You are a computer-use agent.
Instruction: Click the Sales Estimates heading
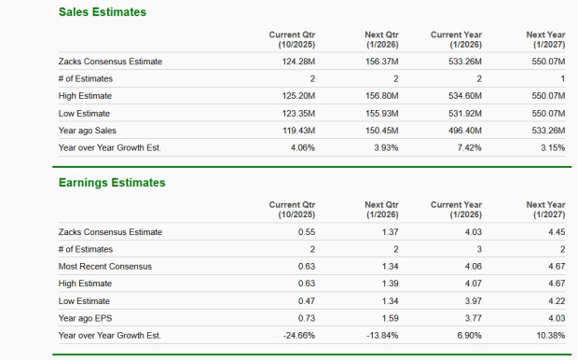point(102,11)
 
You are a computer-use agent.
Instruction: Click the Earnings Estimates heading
point(111,182)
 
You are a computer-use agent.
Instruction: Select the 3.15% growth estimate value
point(553,146)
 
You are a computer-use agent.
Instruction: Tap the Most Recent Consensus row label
point(104,266)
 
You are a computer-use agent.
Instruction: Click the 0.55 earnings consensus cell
point(306,231)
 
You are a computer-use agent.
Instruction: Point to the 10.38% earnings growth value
point(551,334)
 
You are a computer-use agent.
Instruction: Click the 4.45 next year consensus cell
point(557,231)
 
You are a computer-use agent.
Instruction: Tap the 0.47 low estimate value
point(306,300)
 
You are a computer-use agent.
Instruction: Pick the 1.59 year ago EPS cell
point(390,317)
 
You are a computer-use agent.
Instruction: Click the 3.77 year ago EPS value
point(474,317)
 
